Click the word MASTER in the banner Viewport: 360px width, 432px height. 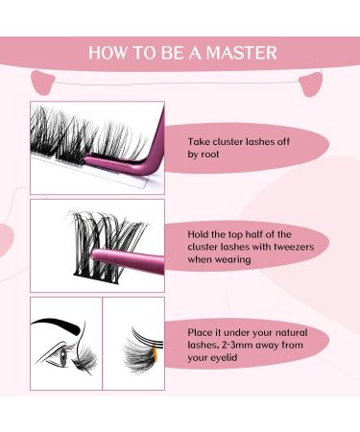point(242,53)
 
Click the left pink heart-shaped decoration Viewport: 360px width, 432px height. point(43,83)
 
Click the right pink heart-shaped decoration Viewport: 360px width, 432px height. point(310,84)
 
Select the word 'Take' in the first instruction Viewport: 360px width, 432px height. point(199,141)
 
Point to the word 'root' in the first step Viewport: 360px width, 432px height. point(210,155)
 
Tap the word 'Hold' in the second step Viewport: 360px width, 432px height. point(198,234)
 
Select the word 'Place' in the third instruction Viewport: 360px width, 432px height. point(200,332)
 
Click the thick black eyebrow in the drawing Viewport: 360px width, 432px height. point(57,324)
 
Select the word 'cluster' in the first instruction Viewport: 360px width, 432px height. point(228,141)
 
